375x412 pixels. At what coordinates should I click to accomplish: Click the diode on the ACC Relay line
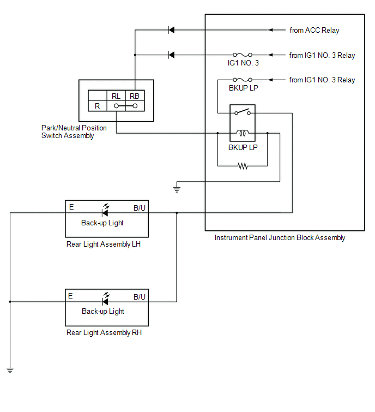click(x=171, y=30)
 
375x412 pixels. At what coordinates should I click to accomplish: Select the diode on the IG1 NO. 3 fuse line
click(x=171, y=55)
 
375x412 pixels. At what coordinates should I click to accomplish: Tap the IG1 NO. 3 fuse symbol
click(x=243, y=55)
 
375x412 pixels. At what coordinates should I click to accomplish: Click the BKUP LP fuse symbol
click(x=243, y=80)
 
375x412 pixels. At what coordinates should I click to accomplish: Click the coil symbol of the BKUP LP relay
click(x=243, y=133)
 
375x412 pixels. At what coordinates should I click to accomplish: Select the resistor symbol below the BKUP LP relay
click(x=243, y=166)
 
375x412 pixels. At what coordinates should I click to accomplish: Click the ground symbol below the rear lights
click(x=10, y=371)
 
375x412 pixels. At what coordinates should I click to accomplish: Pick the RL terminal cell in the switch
click(x=116, y=96)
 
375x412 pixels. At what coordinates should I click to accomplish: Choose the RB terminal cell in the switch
click(x=135, y=96)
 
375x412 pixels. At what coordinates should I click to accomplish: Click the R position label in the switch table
click(x=98, y=106)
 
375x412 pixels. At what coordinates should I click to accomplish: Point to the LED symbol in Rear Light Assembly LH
click(x=106, y=211)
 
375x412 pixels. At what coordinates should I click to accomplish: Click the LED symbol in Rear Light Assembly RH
click(x=106, y=299)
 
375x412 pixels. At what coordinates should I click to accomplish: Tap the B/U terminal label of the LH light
click(x=140, y=208)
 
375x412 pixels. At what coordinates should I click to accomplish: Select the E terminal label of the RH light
click(x=70, y=296)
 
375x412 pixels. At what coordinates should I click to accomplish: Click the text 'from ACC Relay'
click(x=314, y=30)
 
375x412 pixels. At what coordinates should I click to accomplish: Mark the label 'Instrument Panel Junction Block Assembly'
click(x=280, y=237)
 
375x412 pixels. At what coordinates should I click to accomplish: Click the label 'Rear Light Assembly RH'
click(x=104, y=332)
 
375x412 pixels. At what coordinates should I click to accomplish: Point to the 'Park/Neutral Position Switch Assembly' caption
click(x=74, y=132)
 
